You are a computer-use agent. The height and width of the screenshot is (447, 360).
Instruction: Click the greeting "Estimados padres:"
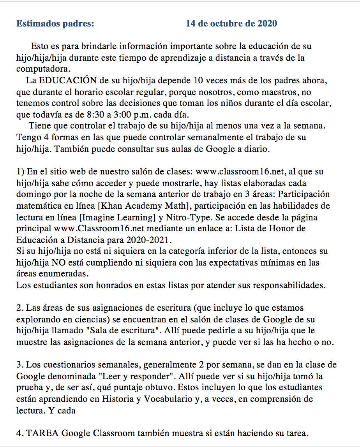point(55,24)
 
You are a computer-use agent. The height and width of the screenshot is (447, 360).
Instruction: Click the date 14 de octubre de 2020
point(231,24)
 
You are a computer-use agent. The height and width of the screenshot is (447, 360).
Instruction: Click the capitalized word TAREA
point(42,433)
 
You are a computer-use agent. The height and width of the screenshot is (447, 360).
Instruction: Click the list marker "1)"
point(20,171)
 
